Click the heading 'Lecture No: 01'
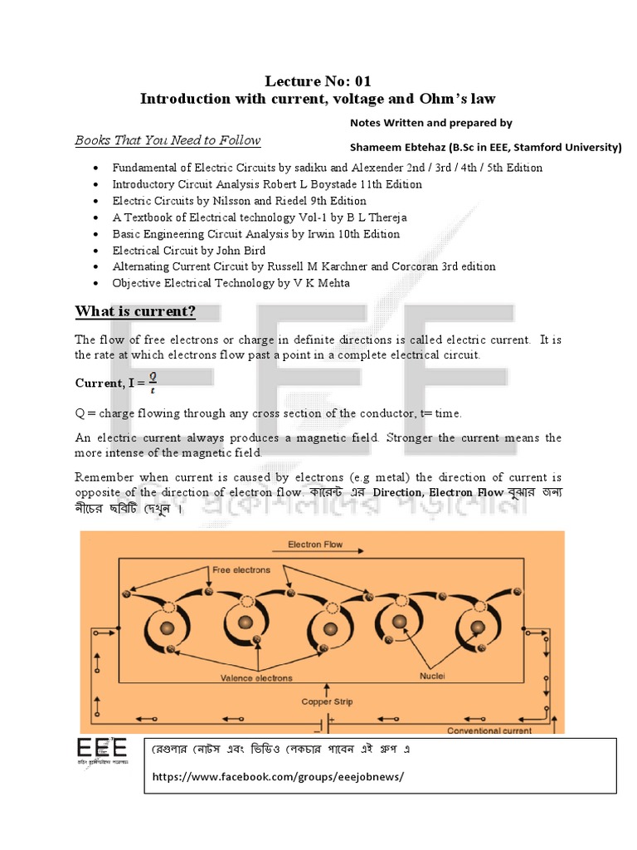[x=318, y=81]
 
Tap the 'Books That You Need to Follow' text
[x=168, y=140]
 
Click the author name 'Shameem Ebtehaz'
[x=397, y=148]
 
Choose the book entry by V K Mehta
[x=231, y=283]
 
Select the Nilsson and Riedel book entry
[x=240, y=201]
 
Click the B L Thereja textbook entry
[x=260, y=217]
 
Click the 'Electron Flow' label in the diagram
[x=314, y=545]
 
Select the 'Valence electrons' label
[x=256, y=677]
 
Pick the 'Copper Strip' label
[x=327, y=701]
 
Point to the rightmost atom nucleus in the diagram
[x=478, y=623]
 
